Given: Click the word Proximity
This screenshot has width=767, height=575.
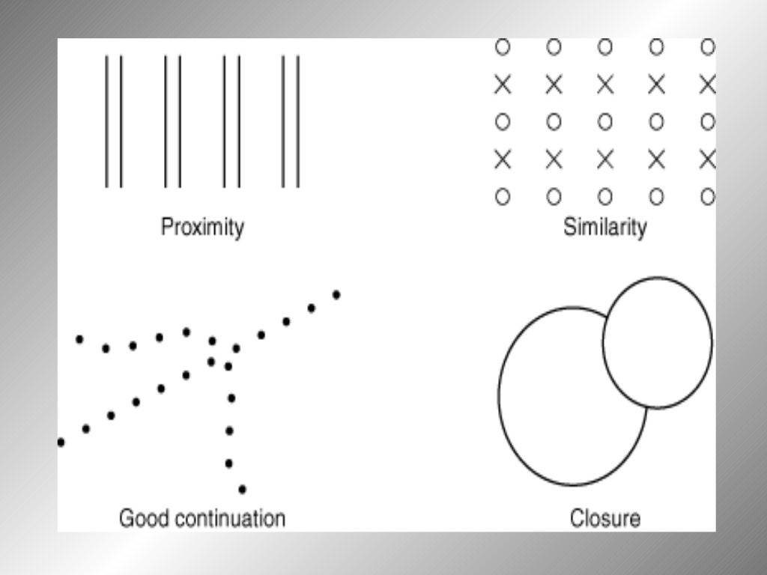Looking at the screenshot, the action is pos(202,227).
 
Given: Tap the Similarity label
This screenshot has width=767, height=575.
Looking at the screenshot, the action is pos(604,227).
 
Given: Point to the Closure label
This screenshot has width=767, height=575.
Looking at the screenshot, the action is pos(605,517).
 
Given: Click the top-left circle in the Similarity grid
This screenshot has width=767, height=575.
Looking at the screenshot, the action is pos(503,47).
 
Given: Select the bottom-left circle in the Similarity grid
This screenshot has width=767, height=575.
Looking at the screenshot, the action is pos(503,197).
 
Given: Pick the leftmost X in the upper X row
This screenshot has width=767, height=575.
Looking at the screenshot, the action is pos(503,85).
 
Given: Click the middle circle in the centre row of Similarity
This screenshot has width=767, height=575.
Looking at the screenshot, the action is pos(605,121).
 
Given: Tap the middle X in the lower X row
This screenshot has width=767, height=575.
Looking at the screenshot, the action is pos(605,159).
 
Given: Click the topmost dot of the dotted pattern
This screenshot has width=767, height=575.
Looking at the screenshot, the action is pos(336,295).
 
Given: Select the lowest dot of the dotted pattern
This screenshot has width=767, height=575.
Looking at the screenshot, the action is pos(242,490).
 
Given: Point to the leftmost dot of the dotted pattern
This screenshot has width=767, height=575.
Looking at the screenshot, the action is pos(61,442).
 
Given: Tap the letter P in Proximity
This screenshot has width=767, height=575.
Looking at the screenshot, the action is pos(167,227).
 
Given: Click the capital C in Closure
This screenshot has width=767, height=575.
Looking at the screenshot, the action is pos(577,517).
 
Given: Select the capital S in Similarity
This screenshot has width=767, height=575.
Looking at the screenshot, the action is pos(569,227).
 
